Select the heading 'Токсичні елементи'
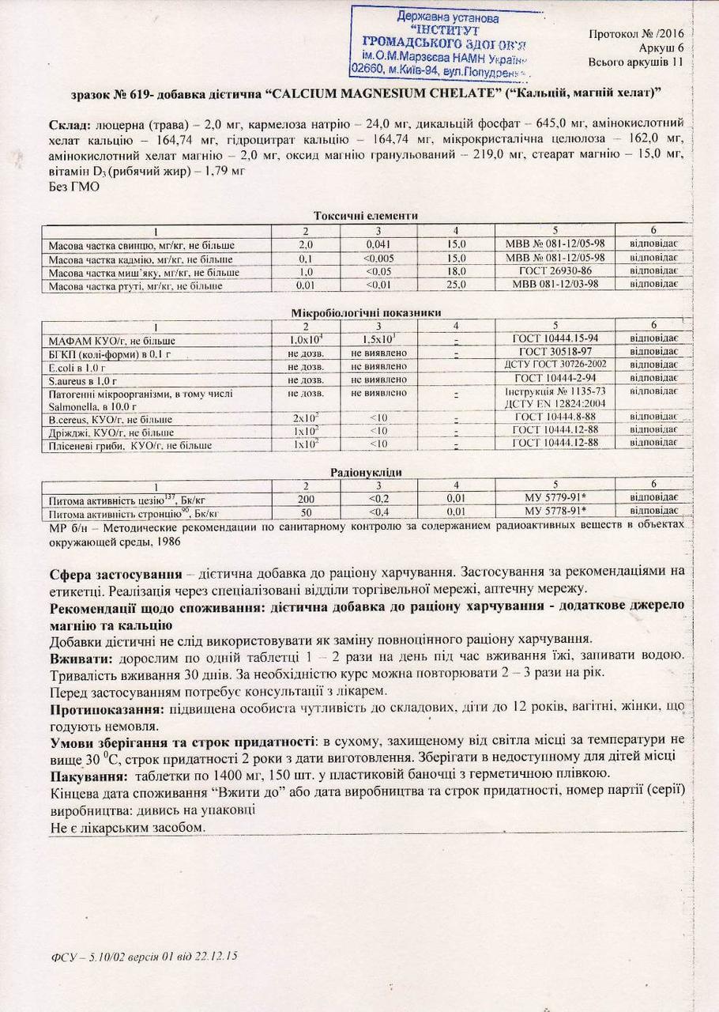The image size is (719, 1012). pos(365,216)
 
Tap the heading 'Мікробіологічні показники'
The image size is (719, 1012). pos(366,313)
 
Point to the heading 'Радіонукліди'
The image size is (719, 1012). pos(366,472)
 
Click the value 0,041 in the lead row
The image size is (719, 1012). pos(378,245)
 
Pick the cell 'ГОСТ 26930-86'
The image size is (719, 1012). pos(555,271)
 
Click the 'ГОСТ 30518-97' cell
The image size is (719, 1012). pos(555,352)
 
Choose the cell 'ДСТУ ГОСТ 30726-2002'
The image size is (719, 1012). pos(555,365)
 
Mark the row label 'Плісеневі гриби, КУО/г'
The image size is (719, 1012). pos(130,446)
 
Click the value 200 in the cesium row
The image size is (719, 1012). pos(306,499)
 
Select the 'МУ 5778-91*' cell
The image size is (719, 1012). pos(555,512)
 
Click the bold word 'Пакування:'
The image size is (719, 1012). pos(85,775)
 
